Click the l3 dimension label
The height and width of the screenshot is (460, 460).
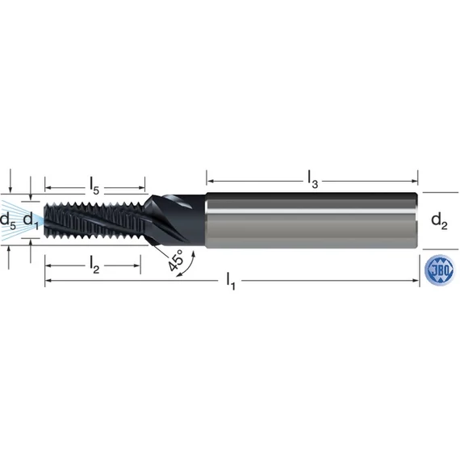(x=313, y=179)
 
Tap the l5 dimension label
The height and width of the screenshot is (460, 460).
(x=94, y=186)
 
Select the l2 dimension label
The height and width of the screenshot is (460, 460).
(x=94, y=266)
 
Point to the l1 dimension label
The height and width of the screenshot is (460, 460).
(x=231, y=281)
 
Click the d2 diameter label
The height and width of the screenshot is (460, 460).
(x=439, y=221)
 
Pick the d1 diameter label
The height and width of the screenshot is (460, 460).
(x=31, y=220)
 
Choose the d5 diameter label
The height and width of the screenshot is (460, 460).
(x=8, y=220)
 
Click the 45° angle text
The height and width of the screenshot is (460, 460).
(x=175, y=261)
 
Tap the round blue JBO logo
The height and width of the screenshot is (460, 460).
(x=440, y=270)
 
